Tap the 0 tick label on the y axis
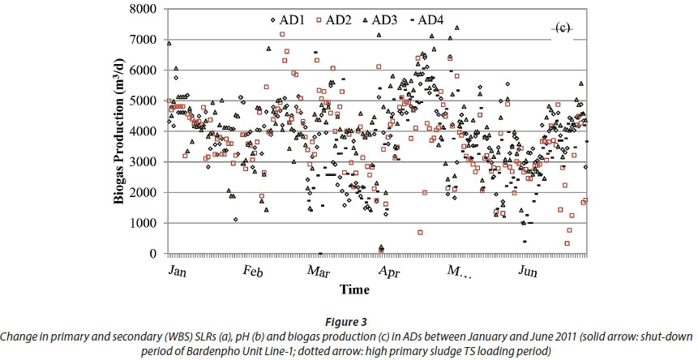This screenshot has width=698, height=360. click(154, 255)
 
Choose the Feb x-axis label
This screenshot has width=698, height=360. click(253, 272)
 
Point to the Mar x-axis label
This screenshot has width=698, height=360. click(319, 272)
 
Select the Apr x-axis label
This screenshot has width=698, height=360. click(388, 272)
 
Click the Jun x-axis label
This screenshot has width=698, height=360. click(528, 272)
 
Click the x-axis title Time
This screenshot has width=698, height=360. click(354, 289)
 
